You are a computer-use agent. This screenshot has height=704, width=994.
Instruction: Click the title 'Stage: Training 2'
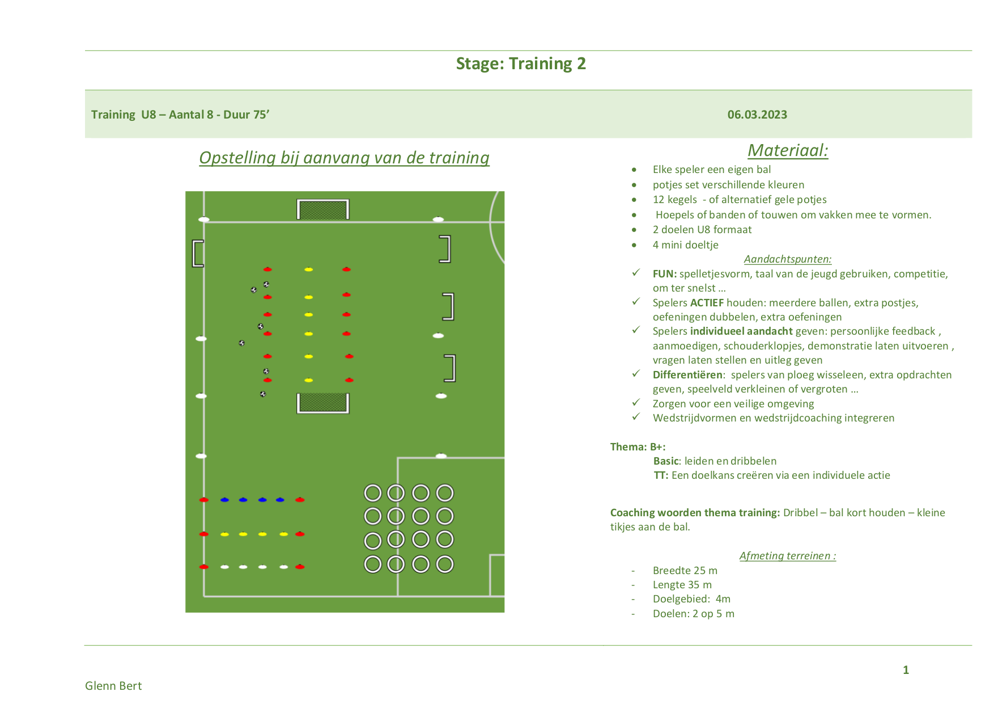pos(521,64)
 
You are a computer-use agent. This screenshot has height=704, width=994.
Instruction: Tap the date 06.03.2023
pos(757,115)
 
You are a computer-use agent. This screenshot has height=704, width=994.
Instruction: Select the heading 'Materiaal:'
pos(788,150)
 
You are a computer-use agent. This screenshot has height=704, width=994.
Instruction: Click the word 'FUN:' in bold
pos(665,274)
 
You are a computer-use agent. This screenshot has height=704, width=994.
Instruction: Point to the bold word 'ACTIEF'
pos(707,303)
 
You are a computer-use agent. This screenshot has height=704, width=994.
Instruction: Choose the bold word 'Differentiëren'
pos(687,375)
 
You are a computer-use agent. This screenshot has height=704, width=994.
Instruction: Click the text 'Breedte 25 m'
pos(685,571)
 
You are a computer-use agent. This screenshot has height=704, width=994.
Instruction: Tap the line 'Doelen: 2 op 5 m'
pos(694,614)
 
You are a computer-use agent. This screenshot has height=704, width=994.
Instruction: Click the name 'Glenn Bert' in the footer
pos(113,686)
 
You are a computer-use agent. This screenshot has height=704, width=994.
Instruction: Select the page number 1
pos(906,670)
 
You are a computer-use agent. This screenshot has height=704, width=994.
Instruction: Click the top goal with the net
pos(322,209)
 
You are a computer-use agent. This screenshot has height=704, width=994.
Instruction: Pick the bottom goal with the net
pos(322,403)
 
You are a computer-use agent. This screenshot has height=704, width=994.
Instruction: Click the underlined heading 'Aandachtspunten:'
pos(788,259)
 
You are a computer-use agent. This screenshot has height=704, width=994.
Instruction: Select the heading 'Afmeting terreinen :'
pos(788,556)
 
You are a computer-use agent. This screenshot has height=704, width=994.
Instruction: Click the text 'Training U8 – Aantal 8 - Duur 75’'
pos(180,115)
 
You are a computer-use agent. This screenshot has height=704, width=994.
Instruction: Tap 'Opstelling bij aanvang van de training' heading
pos(344,158)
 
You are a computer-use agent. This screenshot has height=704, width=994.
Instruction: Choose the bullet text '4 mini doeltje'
pos(686,245)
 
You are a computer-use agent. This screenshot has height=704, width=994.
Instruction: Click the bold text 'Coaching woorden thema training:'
pos(695,513)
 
